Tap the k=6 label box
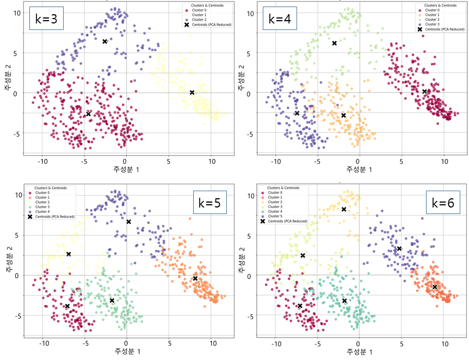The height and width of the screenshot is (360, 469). point(443,203)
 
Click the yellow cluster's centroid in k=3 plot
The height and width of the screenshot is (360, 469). point(192,93)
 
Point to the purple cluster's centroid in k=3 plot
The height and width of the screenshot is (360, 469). point(105,41)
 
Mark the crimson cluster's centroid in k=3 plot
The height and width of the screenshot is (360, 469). point(88,114)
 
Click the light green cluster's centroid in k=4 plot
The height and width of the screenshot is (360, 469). point(335,43)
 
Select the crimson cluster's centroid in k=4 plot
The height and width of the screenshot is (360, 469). point(424,91)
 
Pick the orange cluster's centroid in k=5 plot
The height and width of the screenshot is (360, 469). point(195,278)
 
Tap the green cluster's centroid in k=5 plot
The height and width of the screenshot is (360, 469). point(112,301)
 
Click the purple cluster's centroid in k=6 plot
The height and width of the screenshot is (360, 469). point(399,248)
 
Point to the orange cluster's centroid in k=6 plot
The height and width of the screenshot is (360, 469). point(435,286)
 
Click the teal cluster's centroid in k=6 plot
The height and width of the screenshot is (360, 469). point(344,301)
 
